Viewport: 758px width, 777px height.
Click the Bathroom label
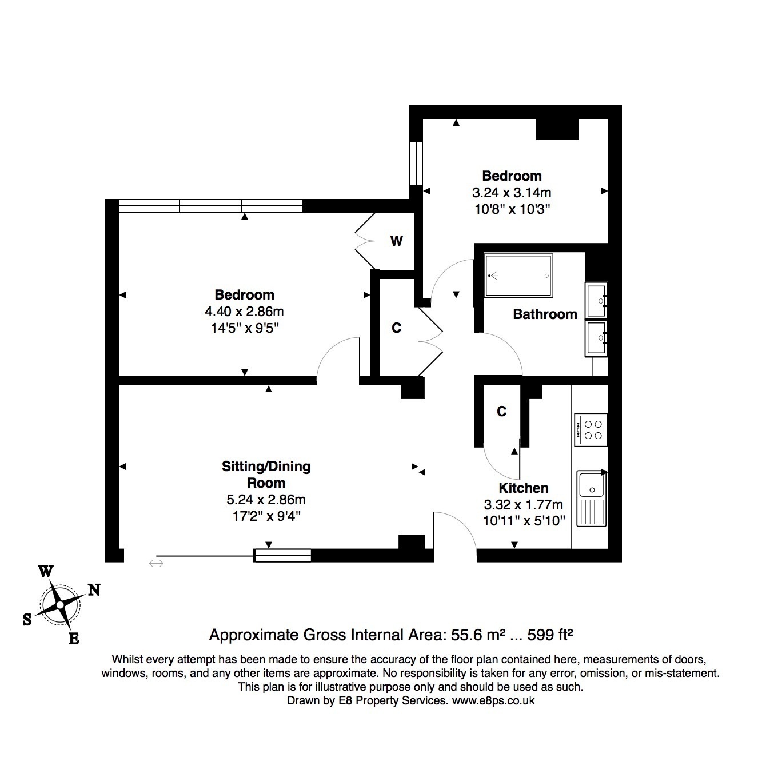pyautogui.click(x=545, y=314)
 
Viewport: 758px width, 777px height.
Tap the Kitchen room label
pyautogui.click(x=523, y=488)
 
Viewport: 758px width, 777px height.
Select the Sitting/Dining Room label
pyautogui.click(x=266, y=475)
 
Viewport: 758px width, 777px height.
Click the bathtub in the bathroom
pyautogui.click(x=518, y=276)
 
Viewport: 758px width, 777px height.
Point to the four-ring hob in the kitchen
pyautogui.click(x=591, y=429)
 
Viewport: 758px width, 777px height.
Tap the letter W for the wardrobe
pyautogui.click(x=396, y=241)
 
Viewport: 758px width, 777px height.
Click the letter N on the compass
pyautogui.click(x=94, y=589)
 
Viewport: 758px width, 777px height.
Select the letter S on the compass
pyautogui.click(x=27, y=619)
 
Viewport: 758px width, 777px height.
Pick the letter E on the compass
pyautogui.click(x=74, y=639)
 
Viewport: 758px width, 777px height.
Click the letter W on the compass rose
pyautogui.click(x=46, y=572)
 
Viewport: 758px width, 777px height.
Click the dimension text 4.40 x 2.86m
pyautogui.click(x=244, y=311)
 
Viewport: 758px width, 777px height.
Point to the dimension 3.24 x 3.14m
pyautogui.click(x=512, y=193)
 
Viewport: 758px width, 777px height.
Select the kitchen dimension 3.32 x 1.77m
pyautogui.click(x=523, y=504)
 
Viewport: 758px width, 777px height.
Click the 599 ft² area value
pyautogui.click(x=550, y=635)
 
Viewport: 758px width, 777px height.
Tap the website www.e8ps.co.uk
pyautogui.click(x=493, y=700)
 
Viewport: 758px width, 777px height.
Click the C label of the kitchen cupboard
pyautogui.click(x=502, y=411)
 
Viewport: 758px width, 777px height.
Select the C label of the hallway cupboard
pyautogui.click(x=396, y=328)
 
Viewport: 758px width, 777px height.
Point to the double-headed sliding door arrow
pyautogui.click(x=156, y=563)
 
